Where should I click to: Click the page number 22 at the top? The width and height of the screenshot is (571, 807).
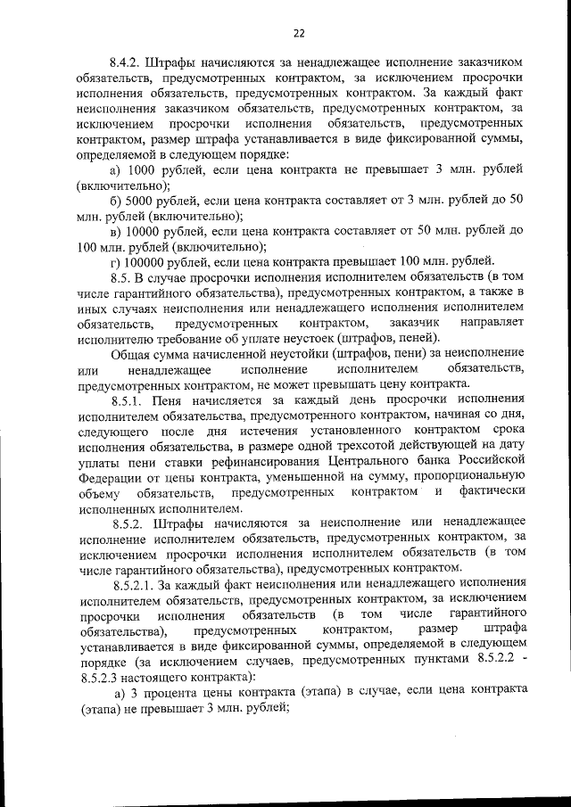click(x=298, y=33)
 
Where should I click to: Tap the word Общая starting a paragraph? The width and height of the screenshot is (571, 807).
click(x=131, y=353)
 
